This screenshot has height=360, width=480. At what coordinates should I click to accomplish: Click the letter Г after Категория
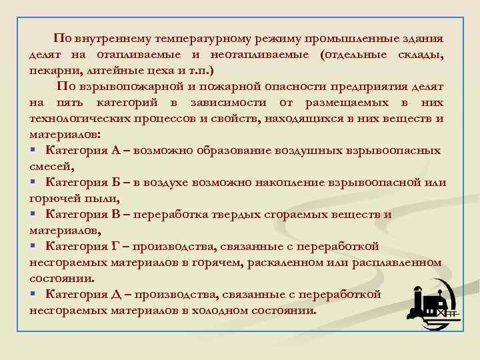click(116, 247)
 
